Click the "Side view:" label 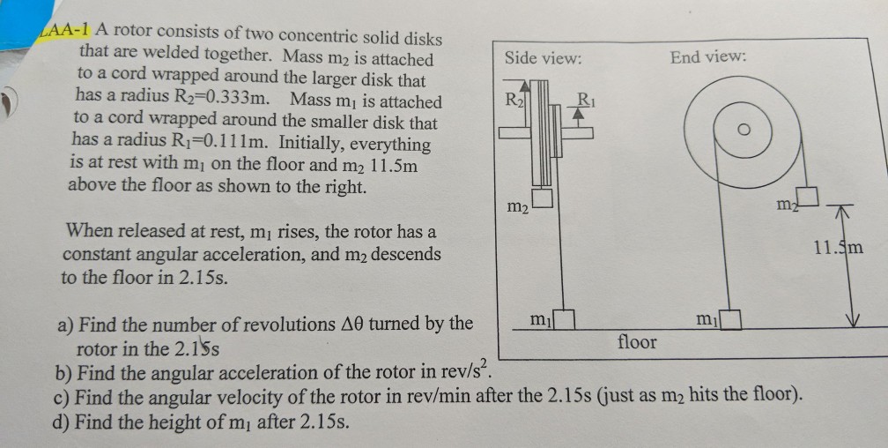(x=543, y=59)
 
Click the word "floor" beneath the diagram (x=637, y=341)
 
